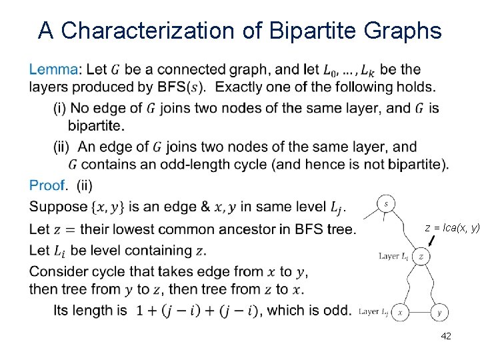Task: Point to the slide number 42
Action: coord(446,336)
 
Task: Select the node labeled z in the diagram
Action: coord(421,256)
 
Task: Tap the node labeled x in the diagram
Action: coord(400,312)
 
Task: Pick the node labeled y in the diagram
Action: coord(439,312)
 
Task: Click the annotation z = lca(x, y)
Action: coord(452,228)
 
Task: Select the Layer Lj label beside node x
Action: coord(373,311)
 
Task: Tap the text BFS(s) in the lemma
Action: coord(183,87)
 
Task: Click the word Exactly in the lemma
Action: coord(242,87)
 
